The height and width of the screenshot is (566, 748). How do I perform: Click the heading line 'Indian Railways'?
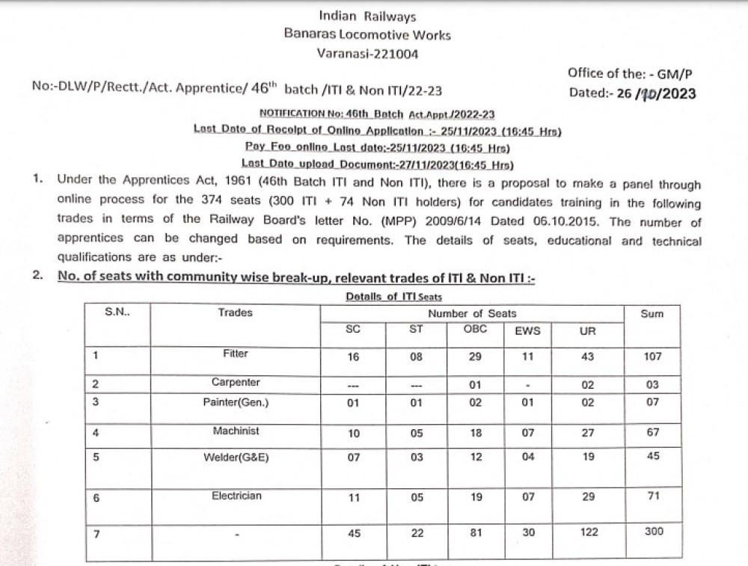pos(367,16)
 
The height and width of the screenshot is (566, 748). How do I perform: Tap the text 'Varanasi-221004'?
pos(367,53)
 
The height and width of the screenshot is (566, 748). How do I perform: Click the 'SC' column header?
pos(353,330)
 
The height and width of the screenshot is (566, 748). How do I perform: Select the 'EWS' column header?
pos(527,330)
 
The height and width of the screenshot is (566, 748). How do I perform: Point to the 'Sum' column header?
pos(652,314)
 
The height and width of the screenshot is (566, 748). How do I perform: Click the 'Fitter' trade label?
pos(235,354)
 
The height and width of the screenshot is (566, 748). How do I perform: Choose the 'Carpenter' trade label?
pos(235,382)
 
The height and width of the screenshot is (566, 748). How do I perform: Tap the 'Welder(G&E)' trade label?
pos(235,457)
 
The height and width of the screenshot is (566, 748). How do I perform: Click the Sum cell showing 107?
pos(652,357)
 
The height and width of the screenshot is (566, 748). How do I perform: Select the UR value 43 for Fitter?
pos(588,357)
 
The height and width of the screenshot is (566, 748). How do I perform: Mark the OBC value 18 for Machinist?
pos(476,432)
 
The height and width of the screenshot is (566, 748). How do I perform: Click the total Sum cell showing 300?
pos(652,532)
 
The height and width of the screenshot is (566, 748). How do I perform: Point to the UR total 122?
pos(588,532)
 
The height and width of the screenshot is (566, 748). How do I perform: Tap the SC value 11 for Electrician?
pos(353,497)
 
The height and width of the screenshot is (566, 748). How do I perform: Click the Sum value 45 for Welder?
pos(652,456)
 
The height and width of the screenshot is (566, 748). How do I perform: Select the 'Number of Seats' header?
pos(472,314)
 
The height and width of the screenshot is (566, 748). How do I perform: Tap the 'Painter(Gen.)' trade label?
pos(235,402)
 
